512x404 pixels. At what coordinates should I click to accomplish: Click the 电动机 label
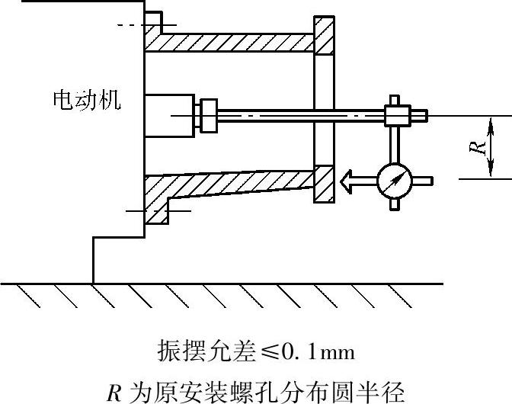(86, 101)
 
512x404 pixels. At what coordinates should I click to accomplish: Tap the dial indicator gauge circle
(394, 181)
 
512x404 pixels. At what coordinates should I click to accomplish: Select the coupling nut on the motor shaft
(206, 115)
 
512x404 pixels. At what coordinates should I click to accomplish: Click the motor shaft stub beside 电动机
(170, 115)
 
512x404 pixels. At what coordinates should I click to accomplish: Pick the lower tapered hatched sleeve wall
(229, 187)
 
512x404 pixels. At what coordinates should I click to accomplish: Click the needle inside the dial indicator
(394, 181)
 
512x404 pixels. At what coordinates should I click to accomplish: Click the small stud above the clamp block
(394, 100)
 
